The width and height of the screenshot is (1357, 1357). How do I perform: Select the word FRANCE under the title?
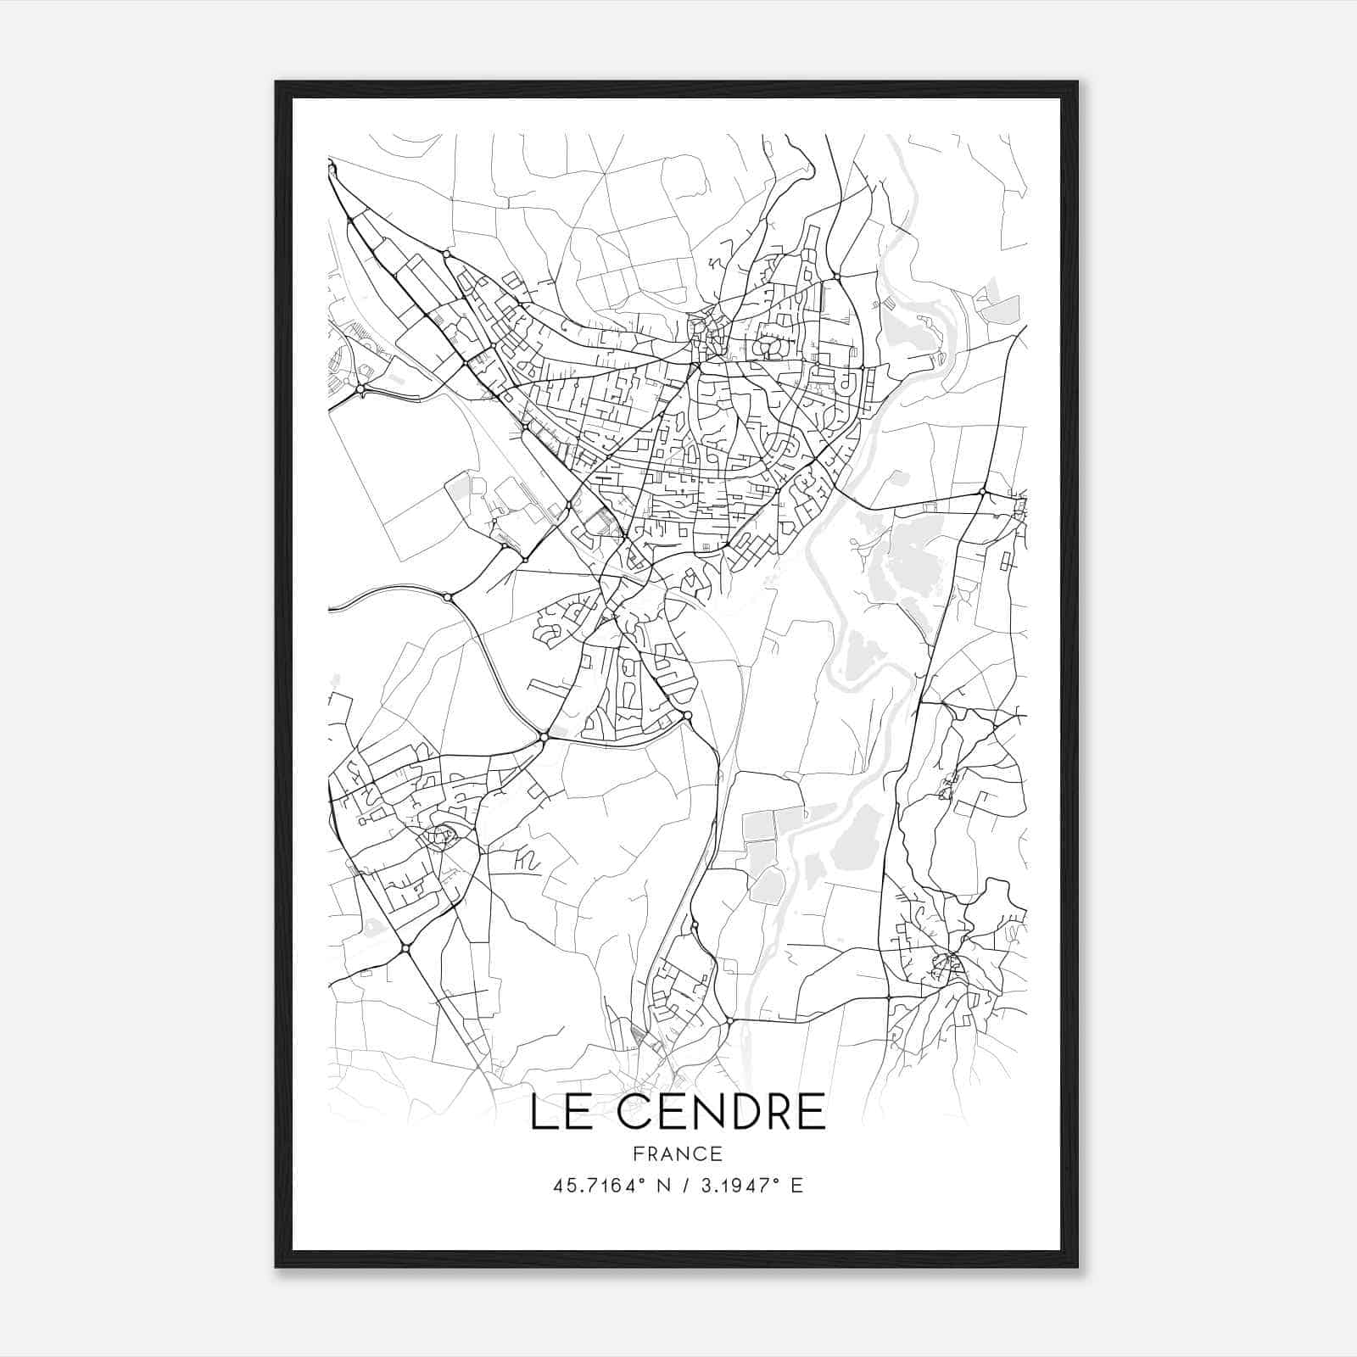click(x=678, y=1153)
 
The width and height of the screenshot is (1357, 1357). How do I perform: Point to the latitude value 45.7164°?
click(x=594, y=1185)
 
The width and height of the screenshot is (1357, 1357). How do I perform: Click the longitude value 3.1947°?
click(x=734, y=1185)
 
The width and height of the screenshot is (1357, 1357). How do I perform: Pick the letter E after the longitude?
click(x=796, y=1185)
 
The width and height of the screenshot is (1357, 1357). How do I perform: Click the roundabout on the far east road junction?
click(x=982, y=492)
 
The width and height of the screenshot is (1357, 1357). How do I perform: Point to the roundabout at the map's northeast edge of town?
click(x=836, y=276)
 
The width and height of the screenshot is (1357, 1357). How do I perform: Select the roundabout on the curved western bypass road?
click(x=448, y=598)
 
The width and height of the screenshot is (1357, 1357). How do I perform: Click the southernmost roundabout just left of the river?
click(x=729, y=1020)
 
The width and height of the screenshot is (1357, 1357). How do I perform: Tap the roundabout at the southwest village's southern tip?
click(x=405, y=947)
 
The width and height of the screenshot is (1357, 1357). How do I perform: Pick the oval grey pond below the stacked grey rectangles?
click(x=767, y=885)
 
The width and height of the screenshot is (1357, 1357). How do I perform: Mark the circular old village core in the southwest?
click(x=442, y=836)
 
